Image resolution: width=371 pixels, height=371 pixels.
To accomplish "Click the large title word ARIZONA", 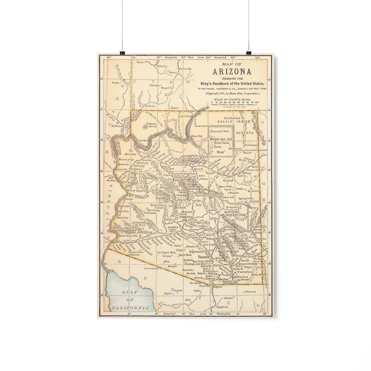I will (x=232, y=72).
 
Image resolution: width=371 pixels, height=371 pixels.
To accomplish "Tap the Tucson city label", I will (x=203, y=257).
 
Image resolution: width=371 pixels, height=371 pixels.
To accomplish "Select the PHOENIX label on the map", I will (x=186, y=217).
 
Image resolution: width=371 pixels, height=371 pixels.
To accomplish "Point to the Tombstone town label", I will (x=245, y=271).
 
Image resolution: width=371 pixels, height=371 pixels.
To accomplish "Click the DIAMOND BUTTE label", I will (x=151, y=125).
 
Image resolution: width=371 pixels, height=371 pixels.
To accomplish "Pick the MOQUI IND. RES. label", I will (x=221, y=139).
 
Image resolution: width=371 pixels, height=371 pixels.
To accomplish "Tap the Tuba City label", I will (x=197, y=136).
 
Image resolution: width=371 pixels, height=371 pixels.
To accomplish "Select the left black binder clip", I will (x=122, y=53).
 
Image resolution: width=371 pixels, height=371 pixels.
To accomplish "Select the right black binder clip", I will (x=249, y=53).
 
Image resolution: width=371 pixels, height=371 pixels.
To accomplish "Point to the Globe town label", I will (x=214, y=218).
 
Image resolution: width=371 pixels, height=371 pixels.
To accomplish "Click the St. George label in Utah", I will (x=150, y=106).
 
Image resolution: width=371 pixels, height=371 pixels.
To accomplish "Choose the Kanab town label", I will (x=175, y=108).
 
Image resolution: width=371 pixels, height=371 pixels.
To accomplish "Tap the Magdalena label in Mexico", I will (x=222, y=307).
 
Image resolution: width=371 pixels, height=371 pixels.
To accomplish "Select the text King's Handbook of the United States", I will (x=233, y=83).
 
